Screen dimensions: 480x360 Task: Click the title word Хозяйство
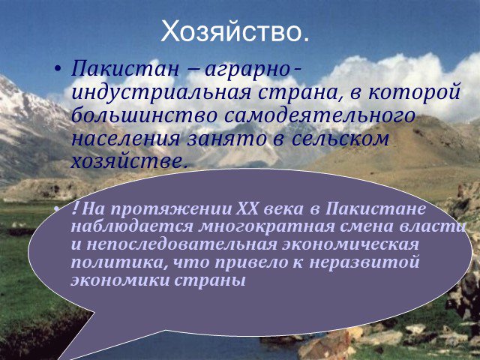pos(235,31)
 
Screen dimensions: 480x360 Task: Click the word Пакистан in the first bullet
pos(125,68)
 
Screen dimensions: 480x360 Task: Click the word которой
pos(415,92)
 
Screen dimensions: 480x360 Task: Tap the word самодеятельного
pos(319,115)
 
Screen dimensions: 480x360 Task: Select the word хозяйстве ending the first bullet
pos(129,162)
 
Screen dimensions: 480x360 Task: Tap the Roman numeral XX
pos(248,209)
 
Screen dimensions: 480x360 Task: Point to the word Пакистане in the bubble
pos(375,209)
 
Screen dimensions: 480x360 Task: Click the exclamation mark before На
pos(76,208)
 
